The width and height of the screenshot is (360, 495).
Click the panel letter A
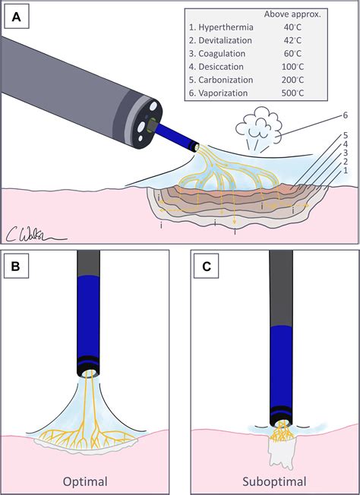pyautogui.click(x=14, y=14)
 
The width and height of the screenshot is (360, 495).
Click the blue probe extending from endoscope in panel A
pyautogui.click(x=177, y=130)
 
